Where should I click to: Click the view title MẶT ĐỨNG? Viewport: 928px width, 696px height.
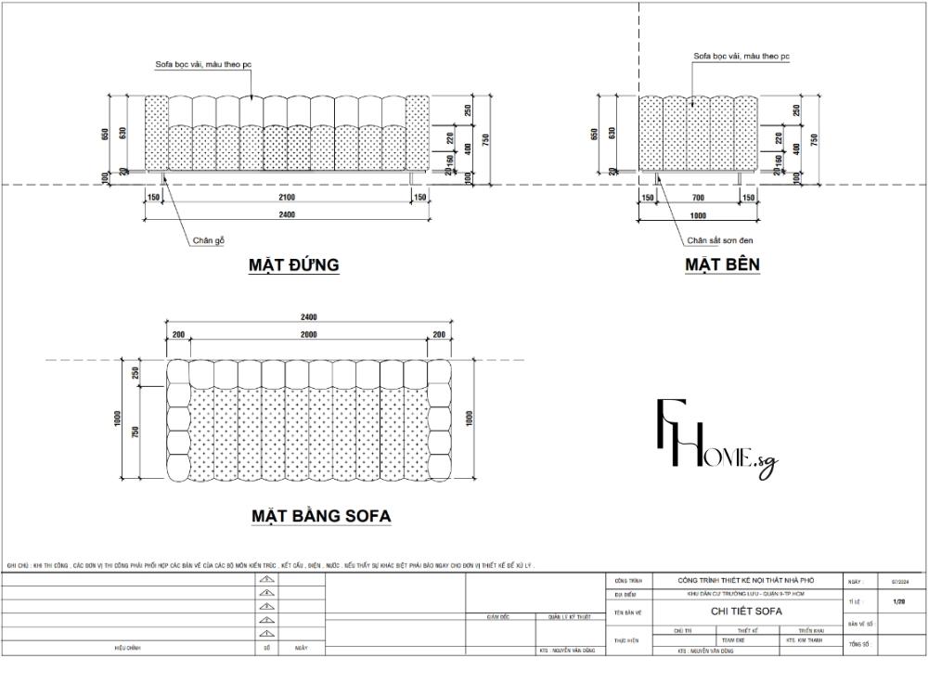coord(293,265)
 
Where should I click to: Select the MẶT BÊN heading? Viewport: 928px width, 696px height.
coord(722,265)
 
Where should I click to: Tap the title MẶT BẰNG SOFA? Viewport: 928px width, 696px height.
coord(321,516)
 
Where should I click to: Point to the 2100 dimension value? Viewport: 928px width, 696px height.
coord(287,198)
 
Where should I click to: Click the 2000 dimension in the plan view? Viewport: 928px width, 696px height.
coord(308,334)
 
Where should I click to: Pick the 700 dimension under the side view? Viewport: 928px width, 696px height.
coord(697,198)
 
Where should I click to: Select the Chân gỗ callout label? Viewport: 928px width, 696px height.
coord(209,240)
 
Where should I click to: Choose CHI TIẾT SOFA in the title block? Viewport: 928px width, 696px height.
coord(746,612)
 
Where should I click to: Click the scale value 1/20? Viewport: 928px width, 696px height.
coord(898,602)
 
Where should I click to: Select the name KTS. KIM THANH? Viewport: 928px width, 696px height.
coord(804,640)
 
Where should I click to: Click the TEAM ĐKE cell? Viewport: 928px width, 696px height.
coord(733,640)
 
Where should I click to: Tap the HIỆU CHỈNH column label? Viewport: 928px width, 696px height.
coord(127,649)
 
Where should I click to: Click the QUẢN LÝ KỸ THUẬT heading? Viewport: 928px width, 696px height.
coord(569,616)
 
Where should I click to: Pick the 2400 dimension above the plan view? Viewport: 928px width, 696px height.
coord(308,317)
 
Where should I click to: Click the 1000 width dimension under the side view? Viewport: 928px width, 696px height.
coord(697,215)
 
